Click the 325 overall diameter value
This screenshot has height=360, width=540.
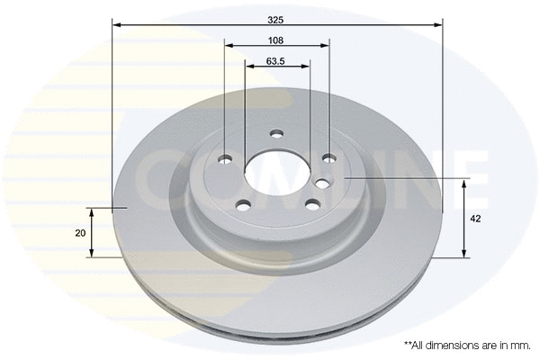pyautogui.click(x=276, y=18)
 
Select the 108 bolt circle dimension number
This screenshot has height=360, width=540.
pyautogui.click(x=276, y=40)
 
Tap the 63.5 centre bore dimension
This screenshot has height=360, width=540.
pyautogui.click(x=276, y=62)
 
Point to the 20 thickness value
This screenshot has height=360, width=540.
pyautogui.click(x=81, y=233)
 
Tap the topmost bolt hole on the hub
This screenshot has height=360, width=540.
pyautogui.click(x=277, y=135)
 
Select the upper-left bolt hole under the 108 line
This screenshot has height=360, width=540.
pyautogui.click(x=225, y=160)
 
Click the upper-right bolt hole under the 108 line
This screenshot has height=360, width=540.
pyautogui.click(x=329, y=159)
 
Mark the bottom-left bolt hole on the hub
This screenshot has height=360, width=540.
pyautogui.click(x=242, y=204)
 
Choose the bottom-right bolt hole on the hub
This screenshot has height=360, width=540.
pyautogui.click(x=311, y=204)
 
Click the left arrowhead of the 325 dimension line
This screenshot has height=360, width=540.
pyautogui.click(x=116, y=25)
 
